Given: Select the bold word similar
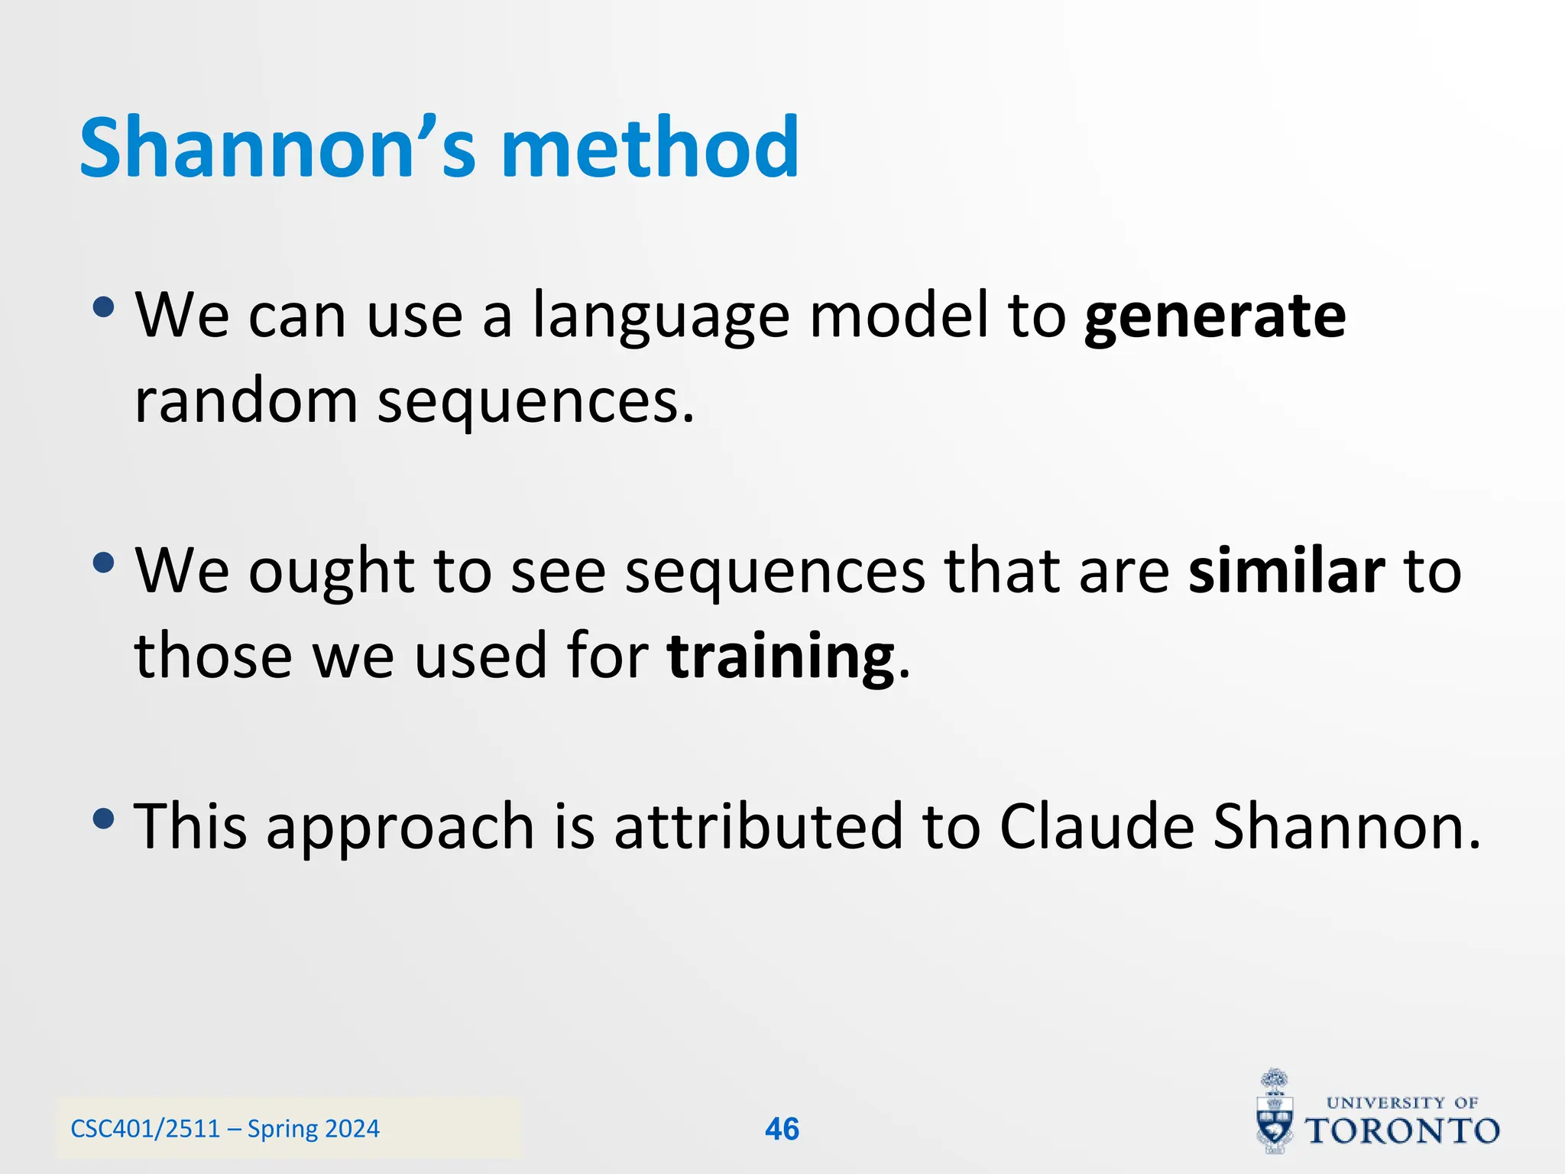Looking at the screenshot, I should click(x=1286, y=572).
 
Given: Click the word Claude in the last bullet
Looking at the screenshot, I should click(x=1097, y=827).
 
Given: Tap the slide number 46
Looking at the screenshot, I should click(x=782, y=1129).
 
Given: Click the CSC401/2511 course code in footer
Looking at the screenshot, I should click(x=145, y=1129).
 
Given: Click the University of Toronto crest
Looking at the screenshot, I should click(x=1275, y=1112).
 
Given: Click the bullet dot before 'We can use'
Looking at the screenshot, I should click(x=103, y=308).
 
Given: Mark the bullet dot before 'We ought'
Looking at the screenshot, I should click(x=103, y=564).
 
